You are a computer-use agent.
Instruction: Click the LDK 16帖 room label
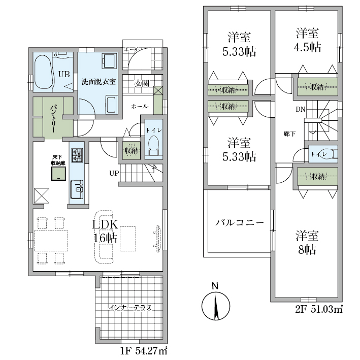tap(105, 231)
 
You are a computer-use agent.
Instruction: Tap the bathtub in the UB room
tap(43, 72)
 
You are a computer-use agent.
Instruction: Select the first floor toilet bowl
tap(154, 145)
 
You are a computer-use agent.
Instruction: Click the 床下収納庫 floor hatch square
tap(58, 173)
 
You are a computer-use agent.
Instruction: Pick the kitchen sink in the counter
tap(77, 189)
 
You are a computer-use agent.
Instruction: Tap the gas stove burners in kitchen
tap(77, 155)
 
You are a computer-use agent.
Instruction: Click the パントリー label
tap(53, 118)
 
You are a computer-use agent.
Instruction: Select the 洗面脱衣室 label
tap(99, 82)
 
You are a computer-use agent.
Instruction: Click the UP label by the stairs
tap(114, 173)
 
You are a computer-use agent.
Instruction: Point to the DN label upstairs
tap(300, 110)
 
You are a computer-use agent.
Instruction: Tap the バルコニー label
tap(240, 223)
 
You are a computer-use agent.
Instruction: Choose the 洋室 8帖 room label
tap(307, 243)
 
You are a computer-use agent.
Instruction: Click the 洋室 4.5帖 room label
tap(308, 40)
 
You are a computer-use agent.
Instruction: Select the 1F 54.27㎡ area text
tap(144, 351)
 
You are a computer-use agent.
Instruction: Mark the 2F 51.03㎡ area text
tap(319, 310)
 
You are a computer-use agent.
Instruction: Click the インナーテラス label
tap(130, 308)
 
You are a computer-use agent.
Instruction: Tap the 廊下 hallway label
tap(289, 134)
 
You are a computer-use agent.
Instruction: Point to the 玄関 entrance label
tap(142, 83)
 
